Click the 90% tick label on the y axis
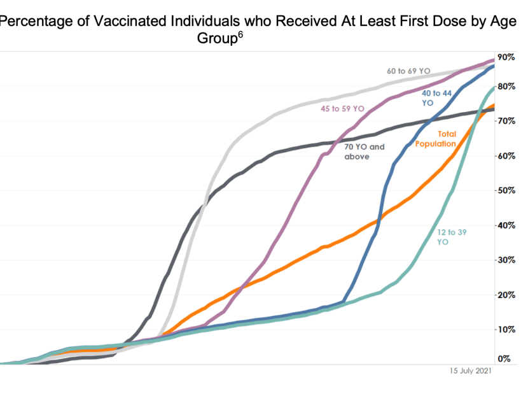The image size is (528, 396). [x=507, y=57]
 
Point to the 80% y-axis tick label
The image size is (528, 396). [x=507, y=86]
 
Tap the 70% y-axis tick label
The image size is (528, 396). [x=507, y=121]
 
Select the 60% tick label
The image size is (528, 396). [x=507, y=155]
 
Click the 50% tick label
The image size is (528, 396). [x=507, y=190]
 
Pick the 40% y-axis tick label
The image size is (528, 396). [x=507, y=225]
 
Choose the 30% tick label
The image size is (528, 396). [x=507, y=260]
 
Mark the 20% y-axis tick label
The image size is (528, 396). [x=507, y=295]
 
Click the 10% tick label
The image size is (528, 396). [x=507, y=329]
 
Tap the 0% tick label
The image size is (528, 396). [x=504, y=359]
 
